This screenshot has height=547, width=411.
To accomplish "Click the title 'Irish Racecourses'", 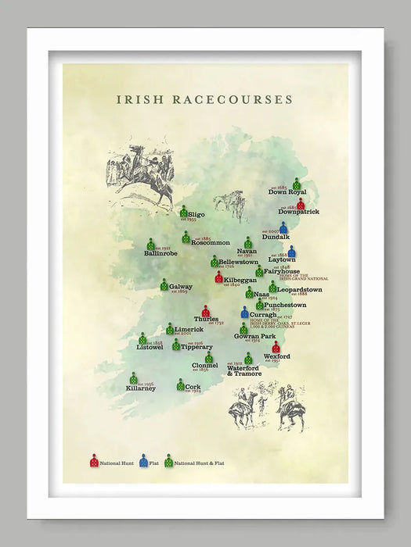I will (204, 100).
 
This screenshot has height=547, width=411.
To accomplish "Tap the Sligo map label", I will (196, 213).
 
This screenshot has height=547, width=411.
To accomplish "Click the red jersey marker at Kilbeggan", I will (219, 277).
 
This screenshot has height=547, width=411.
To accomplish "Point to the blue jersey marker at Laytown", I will (292, 252).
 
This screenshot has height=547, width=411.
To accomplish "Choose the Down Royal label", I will (287, 191).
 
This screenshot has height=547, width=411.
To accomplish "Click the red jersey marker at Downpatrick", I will (301, 203).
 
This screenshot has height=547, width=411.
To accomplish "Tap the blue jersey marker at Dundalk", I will (283, 227).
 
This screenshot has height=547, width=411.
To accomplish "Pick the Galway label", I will (181, 287).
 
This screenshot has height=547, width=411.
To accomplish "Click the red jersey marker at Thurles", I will (206, 311).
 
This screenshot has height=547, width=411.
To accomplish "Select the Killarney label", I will (141, 388).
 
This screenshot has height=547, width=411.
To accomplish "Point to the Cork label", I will (193, 387).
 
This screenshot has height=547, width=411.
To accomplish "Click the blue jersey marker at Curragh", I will (245, 313).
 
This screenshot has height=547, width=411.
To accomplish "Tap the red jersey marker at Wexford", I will (276, 346).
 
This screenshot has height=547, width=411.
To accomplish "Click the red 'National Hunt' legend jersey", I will (94, 461).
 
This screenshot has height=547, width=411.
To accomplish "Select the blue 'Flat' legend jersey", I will (143, 461).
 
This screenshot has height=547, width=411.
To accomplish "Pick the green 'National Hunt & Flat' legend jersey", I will (168, 461).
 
